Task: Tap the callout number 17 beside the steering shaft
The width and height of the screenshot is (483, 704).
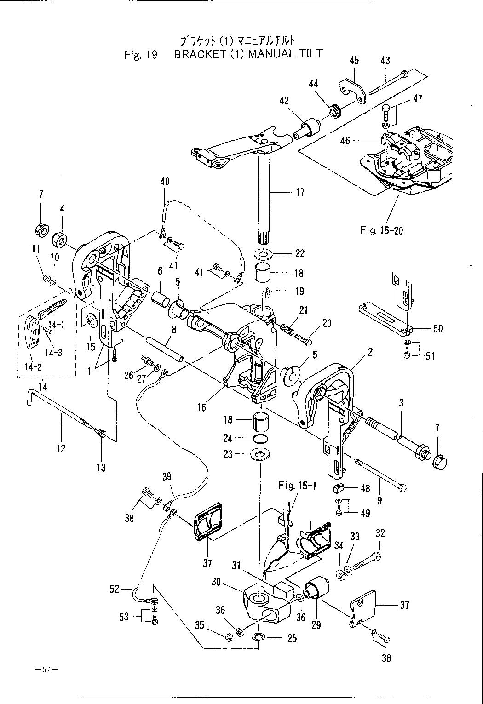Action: [x=300, y=192]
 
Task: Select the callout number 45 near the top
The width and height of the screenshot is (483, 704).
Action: [x=354, y=61]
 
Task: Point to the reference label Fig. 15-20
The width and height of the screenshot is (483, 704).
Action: [x=381, y=230]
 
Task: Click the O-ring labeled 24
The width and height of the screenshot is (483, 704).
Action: [x=261, y=440]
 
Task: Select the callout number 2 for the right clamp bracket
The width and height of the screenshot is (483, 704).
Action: [x=370, y=352]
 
